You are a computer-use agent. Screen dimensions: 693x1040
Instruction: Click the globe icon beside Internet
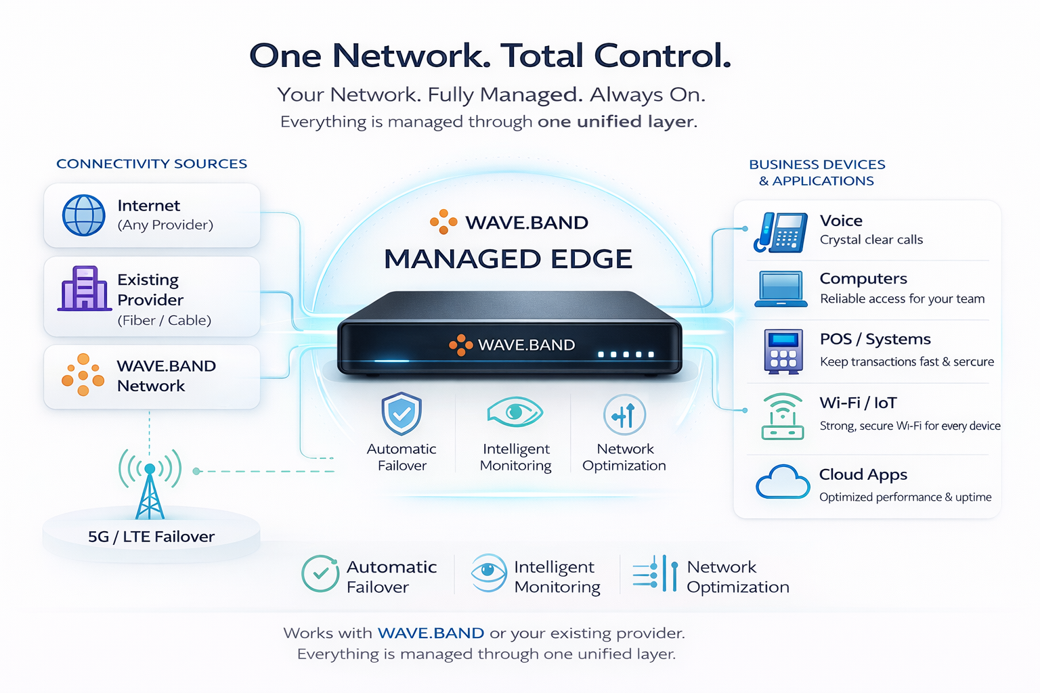point(84,215)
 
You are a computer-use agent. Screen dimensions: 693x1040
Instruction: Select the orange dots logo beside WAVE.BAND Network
point(83,374)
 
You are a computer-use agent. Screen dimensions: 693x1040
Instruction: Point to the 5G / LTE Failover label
point(151,537)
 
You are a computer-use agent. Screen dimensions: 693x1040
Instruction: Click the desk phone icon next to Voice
point(781,232)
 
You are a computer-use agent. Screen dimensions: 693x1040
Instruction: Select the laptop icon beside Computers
point(781,289)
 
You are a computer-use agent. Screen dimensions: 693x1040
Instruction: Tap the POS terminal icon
point(783,351)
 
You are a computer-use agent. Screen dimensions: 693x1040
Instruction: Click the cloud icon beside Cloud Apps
point(782,483)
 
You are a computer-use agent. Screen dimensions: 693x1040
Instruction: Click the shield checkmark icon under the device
point(402,413)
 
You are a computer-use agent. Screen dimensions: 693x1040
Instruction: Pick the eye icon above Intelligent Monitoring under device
point(515,412)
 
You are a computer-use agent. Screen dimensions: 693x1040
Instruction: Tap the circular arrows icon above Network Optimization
point(624,415)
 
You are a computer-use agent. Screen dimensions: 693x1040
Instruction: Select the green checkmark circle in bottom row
point(320,574)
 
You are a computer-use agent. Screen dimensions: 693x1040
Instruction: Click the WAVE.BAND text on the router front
point(526,345)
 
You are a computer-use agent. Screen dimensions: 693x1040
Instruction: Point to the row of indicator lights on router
point(626,355)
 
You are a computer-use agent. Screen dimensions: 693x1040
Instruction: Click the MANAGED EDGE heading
point(508,259)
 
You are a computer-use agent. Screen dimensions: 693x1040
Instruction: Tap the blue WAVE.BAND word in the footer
point(431,633)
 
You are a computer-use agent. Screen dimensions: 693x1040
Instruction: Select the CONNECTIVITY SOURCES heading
point(152,164)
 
